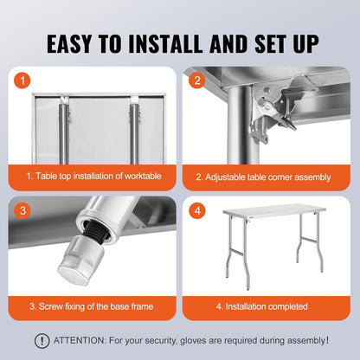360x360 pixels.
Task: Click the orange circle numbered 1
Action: click(x=22, y=80)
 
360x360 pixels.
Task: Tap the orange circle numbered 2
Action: click(x=197, y=80)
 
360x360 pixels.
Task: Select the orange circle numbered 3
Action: click(x=22, y=210)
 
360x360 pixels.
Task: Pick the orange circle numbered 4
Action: click(x=197, y=210)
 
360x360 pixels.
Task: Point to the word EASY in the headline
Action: click(x=69, y=44)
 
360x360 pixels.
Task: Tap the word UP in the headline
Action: click(x=306, y=44)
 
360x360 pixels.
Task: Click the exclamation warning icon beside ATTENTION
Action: click(x=42, y=341)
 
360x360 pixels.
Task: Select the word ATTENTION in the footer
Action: click(x=80, y=340)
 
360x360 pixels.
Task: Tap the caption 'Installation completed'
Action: click(x=267, y=306)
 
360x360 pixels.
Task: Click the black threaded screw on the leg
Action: click(x=95, y=231)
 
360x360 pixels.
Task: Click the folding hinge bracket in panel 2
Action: click(x=270, y=111)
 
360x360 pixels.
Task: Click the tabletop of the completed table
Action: click(x=274, y=210)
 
